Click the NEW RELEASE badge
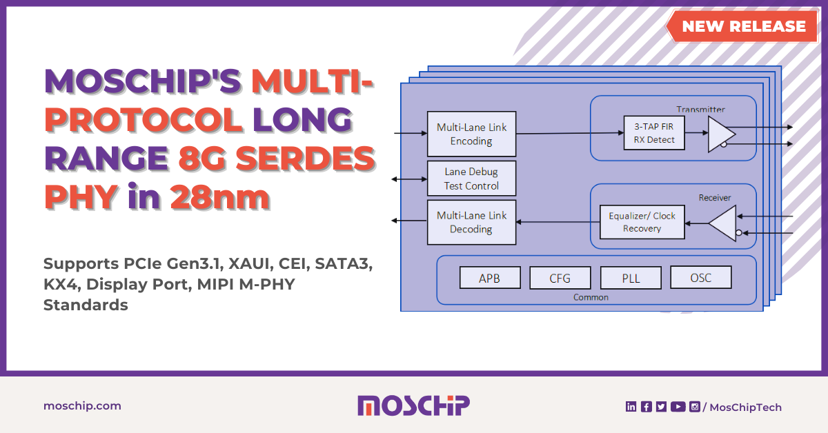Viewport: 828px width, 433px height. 743,26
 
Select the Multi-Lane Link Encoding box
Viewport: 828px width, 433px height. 471,134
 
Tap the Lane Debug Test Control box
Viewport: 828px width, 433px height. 471,179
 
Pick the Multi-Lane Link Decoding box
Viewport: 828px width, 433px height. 471,222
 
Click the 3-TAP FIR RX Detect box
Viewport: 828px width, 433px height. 649,133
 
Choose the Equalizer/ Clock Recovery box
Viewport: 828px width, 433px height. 642,222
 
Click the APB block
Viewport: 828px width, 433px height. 489,279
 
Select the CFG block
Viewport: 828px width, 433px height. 560,279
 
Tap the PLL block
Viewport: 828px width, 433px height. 631,279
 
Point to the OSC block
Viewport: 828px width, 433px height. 700,278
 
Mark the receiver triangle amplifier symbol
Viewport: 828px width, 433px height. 723,224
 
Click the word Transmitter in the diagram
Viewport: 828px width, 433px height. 700,109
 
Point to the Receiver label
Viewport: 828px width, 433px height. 714,197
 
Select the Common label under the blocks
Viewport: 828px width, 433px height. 591,297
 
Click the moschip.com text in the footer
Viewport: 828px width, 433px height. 82,405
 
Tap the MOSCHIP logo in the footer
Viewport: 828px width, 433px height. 413,405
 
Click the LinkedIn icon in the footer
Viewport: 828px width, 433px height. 631,407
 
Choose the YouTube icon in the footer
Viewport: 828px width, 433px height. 678,407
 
